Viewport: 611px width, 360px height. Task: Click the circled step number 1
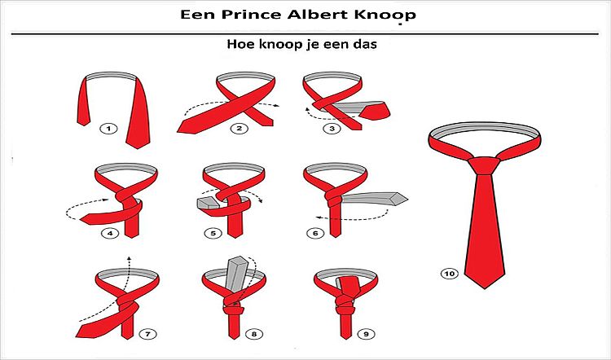pyautogui.click(x=108, y=129)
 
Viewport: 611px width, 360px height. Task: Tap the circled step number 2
pyautogui.click(x=239, y=129)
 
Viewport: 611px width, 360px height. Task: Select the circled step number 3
pyautogui.click(x=332, y=129)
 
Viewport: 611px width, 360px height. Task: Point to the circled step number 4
pyautogui.click(x=110, y=234)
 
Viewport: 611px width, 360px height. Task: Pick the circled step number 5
pyautogui.click(x=213, y=234)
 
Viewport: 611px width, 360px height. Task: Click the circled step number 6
pyautogui.click(x=315, y=234)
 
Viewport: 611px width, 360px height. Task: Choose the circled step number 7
pyautogui.click(x=147, y=334)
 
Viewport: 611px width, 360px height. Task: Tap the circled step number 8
pyautogui.click(x=254, y=334)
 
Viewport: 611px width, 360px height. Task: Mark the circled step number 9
pyautogui.click(x=366, y=334)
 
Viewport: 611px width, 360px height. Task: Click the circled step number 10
pyautogui.click(x=449, y=274)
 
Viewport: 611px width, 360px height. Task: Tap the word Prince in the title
pyautogui.click(x=253, y=15)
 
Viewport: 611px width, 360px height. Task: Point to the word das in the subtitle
pyautogui.click(x=367, y=44)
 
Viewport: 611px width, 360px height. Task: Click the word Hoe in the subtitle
pyautogui.click(x=239, y=44)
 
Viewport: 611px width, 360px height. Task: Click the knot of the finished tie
pyautogui.click(x=484, y=166)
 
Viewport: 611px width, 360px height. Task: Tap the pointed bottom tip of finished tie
pyautogui.click(x=485, y=288)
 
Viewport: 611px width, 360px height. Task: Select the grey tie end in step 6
pyautogui.click(x=374, y=199)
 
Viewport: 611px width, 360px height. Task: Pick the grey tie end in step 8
pyautogui.click(x=237, y=274)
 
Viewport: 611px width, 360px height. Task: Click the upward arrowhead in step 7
pyautogui.click(x=130, y=258)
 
